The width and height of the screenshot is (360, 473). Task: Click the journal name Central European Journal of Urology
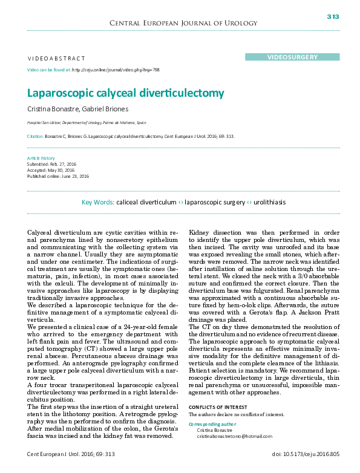pyautogui.click(x=180, y=23)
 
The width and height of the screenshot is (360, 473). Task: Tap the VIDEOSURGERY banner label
pyautogui.click(x=292, y=57)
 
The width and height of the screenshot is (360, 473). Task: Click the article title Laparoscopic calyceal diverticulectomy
pyautogui.click(x=125, y=93)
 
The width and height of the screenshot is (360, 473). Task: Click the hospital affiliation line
pyautogui.click(x=86, y=122)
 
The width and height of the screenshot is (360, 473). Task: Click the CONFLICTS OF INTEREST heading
pyautogui.click(x=219, y=407)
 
